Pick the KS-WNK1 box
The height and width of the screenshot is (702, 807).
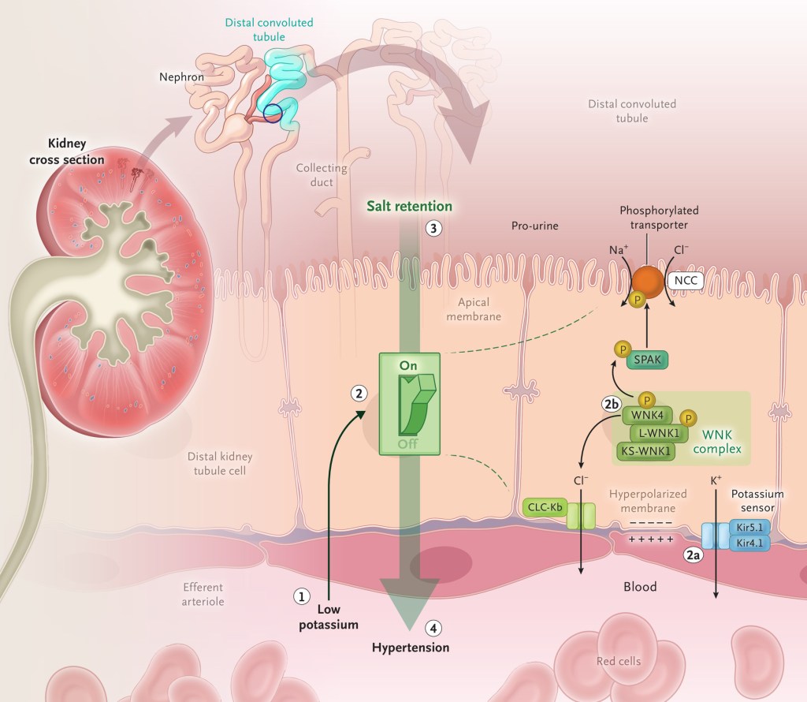pyautogui.click(x=645, y=451)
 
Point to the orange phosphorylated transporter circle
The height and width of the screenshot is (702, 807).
pyautogui.click(x=647, y=282)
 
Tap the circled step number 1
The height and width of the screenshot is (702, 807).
pyautogui.click(x=300, y=596)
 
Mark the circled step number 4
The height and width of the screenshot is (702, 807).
pyautogui.click(x=433, y=628)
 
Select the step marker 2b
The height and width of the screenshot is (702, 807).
pyautogui.click(x=612, y=405)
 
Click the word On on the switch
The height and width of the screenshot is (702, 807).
pyautogui.click(x=409, y=365)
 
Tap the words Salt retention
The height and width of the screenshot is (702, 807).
pyautogui.click(x=410, y=206)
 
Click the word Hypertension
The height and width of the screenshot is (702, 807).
pyautogui.click(x=411, y=648)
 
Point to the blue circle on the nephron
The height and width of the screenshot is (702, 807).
pyautogui.click(x=272, y=114)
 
